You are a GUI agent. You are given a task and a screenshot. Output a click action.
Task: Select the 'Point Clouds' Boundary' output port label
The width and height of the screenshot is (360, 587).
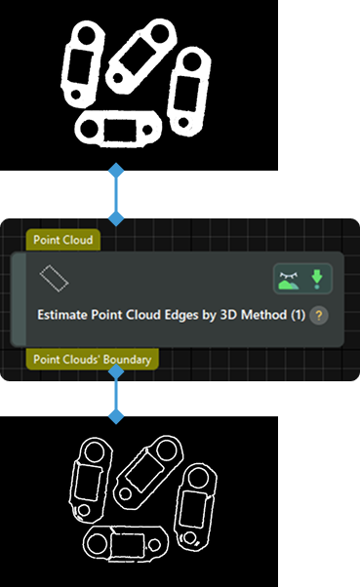point(93,359)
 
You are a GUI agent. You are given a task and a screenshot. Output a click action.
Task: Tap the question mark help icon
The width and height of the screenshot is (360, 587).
point(319,316)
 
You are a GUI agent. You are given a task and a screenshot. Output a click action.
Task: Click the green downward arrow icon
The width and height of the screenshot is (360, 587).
point(316,281)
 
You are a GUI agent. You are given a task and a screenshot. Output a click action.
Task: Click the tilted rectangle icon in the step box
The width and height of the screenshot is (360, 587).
point(54,279)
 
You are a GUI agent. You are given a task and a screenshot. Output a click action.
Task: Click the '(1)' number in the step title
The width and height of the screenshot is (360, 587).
point(299,316)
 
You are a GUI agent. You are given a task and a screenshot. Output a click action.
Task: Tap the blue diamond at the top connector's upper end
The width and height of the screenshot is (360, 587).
point(116,171)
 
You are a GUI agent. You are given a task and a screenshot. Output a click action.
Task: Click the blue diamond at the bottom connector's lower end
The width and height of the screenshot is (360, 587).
point(116,417)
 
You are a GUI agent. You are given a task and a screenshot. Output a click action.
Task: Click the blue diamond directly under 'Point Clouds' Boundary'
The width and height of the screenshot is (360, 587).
point(116,371)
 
